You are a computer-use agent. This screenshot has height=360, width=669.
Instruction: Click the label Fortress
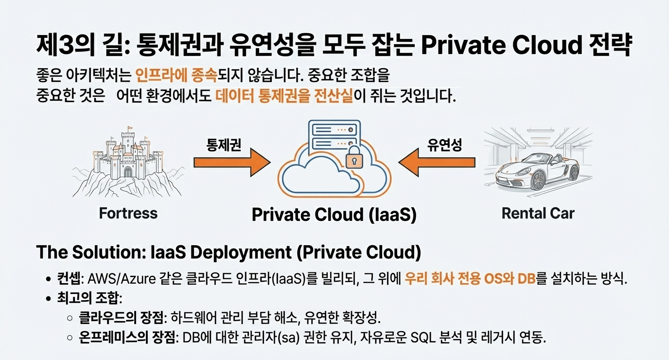click(128, 213)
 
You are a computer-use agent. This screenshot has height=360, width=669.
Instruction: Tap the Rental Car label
click(538, 213)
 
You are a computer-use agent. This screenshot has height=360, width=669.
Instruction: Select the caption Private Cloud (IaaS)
click(334, 215)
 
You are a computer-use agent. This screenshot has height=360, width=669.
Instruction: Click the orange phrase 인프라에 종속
click(176, 76)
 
